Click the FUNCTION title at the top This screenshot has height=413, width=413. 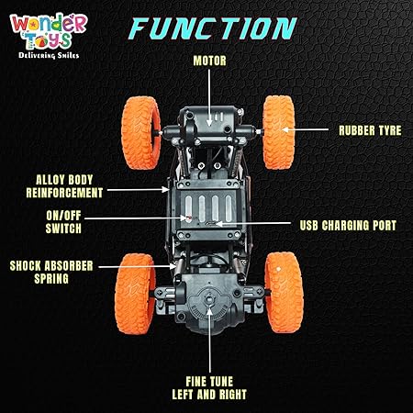point(213,28)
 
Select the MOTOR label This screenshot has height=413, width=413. point(210,61)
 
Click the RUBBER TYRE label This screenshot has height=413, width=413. point(370,130)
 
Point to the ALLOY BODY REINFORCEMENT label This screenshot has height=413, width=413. point(64,186)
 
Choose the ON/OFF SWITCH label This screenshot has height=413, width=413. point(63,222)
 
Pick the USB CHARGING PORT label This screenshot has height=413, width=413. point(348,226)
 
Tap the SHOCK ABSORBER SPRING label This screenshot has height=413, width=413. point(51,273)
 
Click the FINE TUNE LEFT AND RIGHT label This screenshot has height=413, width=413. point(209,388)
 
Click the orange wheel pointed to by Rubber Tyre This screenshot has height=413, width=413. point(279,132)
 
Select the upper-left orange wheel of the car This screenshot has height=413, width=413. point(141,133)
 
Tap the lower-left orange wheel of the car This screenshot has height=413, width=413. point(135,294)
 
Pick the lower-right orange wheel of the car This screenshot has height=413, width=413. point(284,293)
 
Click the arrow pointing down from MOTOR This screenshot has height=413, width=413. point(209,97)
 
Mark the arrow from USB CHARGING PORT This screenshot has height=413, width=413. point(253,224)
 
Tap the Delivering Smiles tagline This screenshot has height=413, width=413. point(49,55)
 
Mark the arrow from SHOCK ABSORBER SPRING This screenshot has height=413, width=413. point(138,267)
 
